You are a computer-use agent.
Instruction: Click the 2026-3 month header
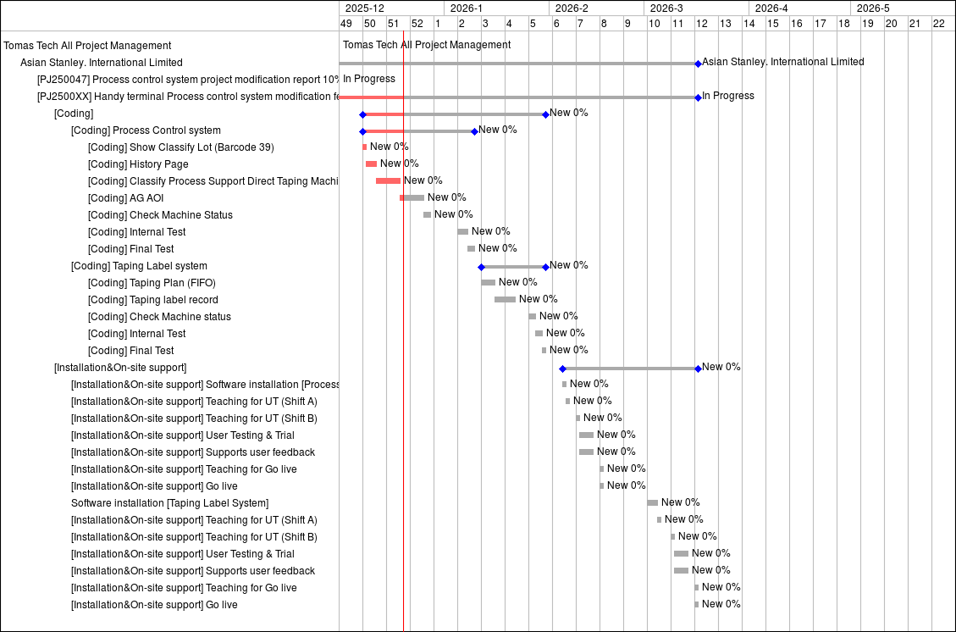pos(666,8)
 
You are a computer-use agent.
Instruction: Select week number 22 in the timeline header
pos(938,24)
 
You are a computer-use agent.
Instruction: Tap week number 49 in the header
pos(345,24)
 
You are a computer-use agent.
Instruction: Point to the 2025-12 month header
pos(365,8)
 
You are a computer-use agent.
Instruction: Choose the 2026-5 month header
pos(873,8)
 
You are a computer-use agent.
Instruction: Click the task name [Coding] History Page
pos(138,164)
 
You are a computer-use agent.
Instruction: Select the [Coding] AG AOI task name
pos(125,198)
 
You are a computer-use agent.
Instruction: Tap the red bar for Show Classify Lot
pos(365,147)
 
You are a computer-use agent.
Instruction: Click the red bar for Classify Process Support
pos(388,180)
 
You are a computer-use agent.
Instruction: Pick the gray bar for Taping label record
pos(505,299)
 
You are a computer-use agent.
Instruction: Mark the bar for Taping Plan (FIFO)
pos(489,282)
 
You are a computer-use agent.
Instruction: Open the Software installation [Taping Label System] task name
pos(169,503)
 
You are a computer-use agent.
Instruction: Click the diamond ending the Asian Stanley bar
pos(698,63)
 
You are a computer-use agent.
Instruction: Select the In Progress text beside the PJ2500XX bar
pos(727,96)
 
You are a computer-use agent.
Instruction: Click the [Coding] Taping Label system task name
pos(139,266)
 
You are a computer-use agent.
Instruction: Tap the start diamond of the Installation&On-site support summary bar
pos(562,369)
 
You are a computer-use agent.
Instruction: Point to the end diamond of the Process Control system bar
pos(474,131)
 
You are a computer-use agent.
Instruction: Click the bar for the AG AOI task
pos(412,197)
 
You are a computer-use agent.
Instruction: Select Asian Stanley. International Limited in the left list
pos(101,63)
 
